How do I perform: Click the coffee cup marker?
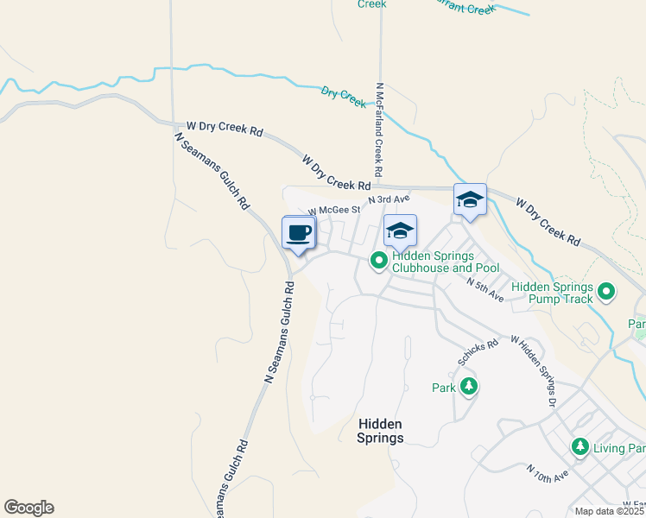[299, 233]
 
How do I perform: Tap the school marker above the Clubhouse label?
[400, 231]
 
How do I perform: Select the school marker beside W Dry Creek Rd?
[470, 200]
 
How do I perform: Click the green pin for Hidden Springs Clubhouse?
[378, 259]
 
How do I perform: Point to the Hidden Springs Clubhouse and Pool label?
[446, 262]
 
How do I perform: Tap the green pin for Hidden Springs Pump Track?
[606, 293]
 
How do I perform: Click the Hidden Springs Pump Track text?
[552, 293]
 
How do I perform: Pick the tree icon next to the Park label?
[469, 386]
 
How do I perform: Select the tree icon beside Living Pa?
[580, 446]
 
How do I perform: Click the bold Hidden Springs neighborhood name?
[380, 431]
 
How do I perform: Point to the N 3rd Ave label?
[388, 199]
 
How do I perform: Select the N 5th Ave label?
[484, 289]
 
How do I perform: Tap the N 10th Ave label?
[548, 473]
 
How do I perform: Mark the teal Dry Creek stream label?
[344, 96]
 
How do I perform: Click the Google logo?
[28, 508]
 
